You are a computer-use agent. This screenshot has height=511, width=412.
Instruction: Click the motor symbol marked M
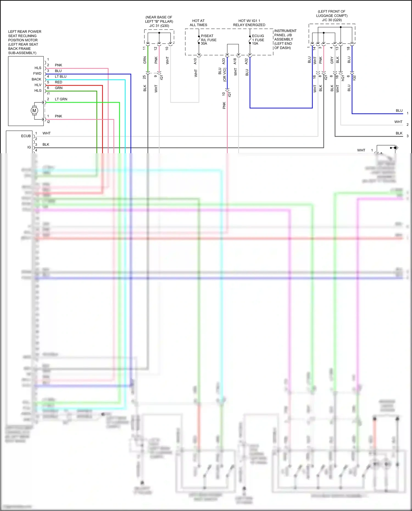click(x=34, y=111)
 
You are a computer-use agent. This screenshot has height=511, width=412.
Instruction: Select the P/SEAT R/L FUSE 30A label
click(x=208, y=40)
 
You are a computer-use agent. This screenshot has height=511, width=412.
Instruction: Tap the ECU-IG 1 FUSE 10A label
click(x=258, y=40)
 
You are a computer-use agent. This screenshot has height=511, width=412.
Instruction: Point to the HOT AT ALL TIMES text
click(x=198, y=23)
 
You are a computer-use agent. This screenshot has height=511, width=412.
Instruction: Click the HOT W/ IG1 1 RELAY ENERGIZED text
click(x=249, y=23)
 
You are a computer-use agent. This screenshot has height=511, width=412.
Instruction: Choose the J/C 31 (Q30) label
click(x=159, y=26)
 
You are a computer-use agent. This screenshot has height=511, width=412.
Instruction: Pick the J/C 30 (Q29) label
click(x=332, y=20)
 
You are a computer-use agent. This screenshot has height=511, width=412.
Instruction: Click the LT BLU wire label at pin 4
click(x=60, y=77)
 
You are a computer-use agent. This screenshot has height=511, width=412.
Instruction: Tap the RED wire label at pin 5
click(x=59, y=82)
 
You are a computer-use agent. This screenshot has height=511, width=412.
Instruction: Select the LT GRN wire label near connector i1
click(x=61, y=99)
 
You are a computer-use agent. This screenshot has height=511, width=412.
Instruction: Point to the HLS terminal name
click(x=38, y=68)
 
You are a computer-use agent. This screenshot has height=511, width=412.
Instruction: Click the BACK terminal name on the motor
click(x=37, y=79)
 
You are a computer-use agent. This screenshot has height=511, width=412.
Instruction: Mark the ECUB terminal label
click(x=26, y=136)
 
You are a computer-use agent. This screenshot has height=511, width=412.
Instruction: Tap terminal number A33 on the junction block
click(x=224, y=61)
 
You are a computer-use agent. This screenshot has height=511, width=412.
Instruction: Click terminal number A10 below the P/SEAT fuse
click(x=195, y=61)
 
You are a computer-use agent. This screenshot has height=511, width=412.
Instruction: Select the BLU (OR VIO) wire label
click(x=222, y=74)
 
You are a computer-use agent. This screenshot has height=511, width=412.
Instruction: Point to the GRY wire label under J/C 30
click(x=332, y=60)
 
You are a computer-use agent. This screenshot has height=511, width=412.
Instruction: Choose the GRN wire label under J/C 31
click(x=145, y=60)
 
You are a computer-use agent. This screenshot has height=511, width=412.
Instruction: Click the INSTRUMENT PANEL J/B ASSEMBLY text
click(x=285, y=39)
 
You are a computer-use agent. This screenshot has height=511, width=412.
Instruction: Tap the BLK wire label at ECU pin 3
click(x=46, y=145)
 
